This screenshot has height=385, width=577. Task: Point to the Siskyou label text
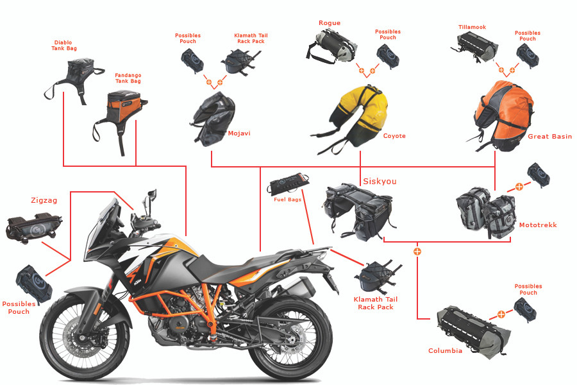click(380, 182)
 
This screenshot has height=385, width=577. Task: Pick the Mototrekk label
click(538, 225)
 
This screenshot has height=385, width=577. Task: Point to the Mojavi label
click(239, 133)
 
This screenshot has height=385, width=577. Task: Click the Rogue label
click(330, 23)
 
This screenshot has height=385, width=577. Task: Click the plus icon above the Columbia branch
click(417, 251)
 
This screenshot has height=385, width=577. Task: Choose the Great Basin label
click(549, 137)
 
